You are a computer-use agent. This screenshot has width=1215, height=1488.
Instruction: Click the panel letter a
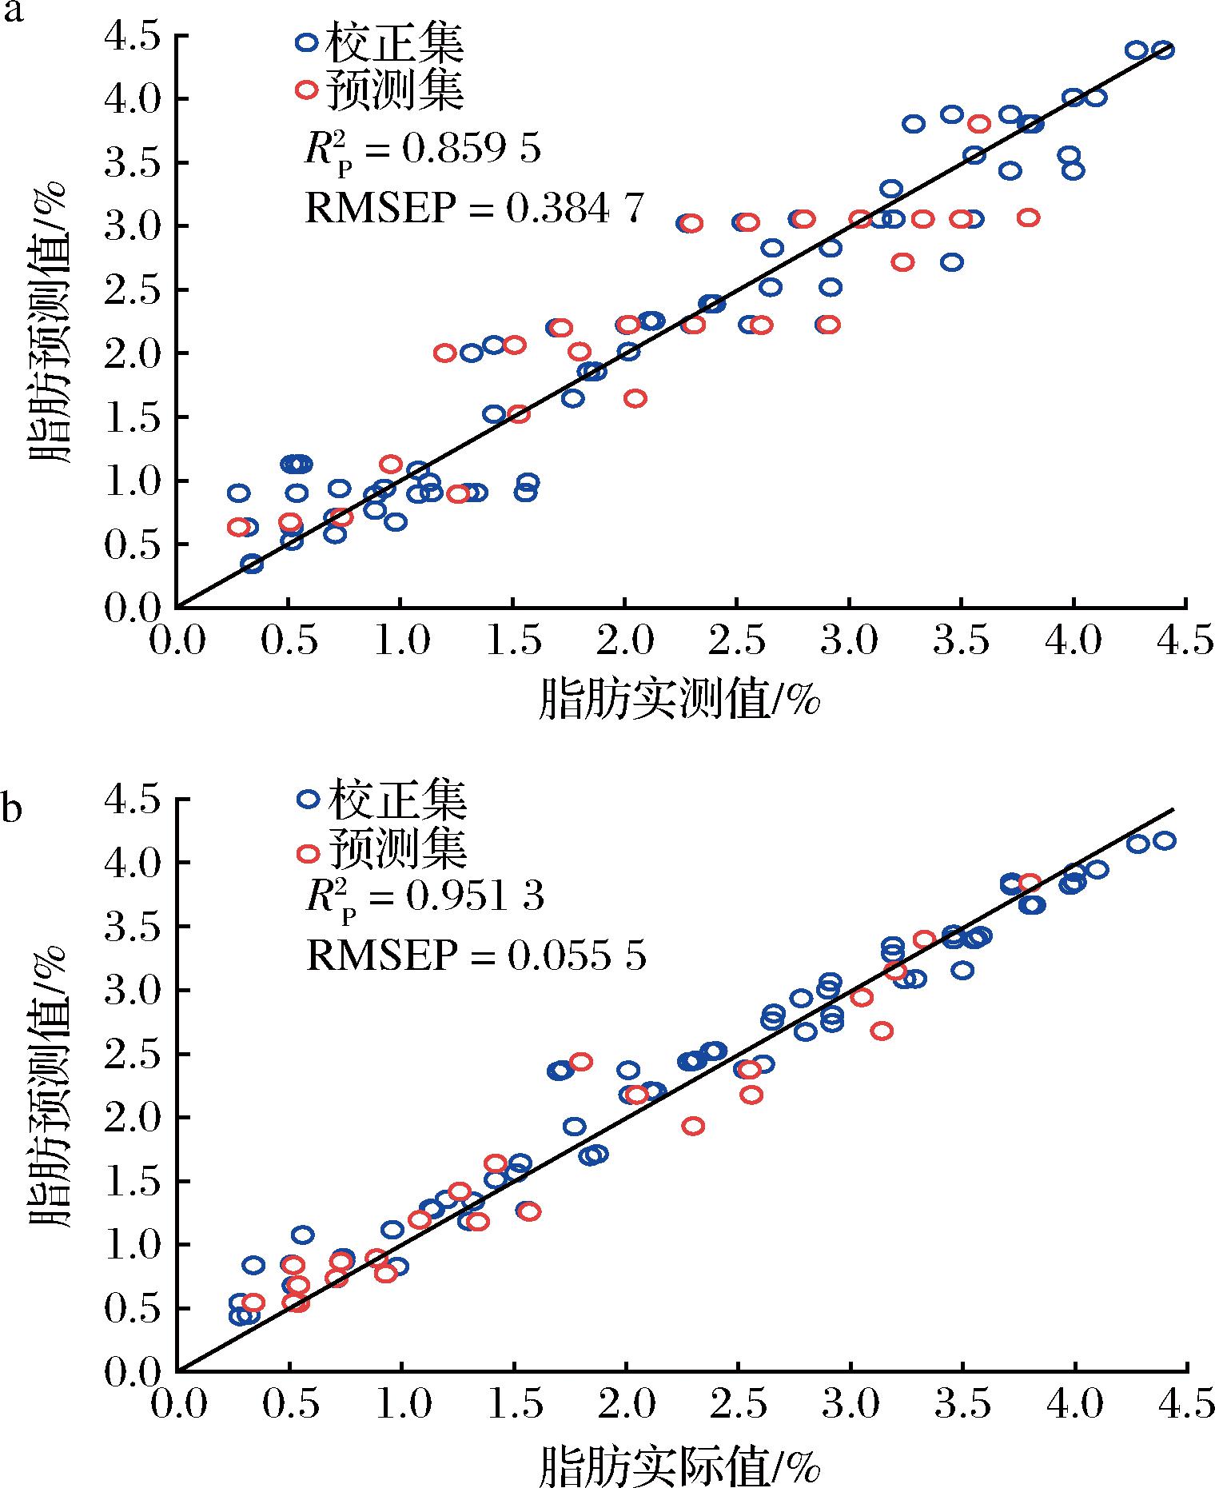click(x=10, y=14)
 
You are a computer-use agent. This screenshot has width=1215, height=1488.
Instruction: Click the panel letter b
click(x=11, y=808)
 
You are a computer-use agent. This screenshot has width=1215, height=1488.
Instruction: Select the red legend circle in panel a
click(x=306, y=90)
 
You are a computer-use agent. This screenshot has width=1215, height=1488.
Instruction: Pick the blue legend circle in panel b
click(x=308, y=798)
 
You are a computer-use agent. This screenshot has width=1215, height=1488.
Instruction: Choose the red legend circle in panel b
click(x=308, y=853)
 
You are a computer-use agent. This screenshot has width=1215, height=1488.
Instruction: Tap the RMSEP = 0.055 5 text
click(x=476, y=955)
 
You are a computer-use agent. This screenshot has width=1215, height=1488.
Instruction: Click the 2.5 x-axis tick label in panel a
click(x=737, y=643)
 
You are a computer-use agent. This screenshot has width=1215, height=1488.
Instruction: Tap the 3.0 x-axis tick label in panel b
click(x=850, y=1406)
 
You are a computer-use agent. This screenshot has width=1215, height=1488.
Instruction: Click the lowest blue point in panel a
click(x=253, y=564)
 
